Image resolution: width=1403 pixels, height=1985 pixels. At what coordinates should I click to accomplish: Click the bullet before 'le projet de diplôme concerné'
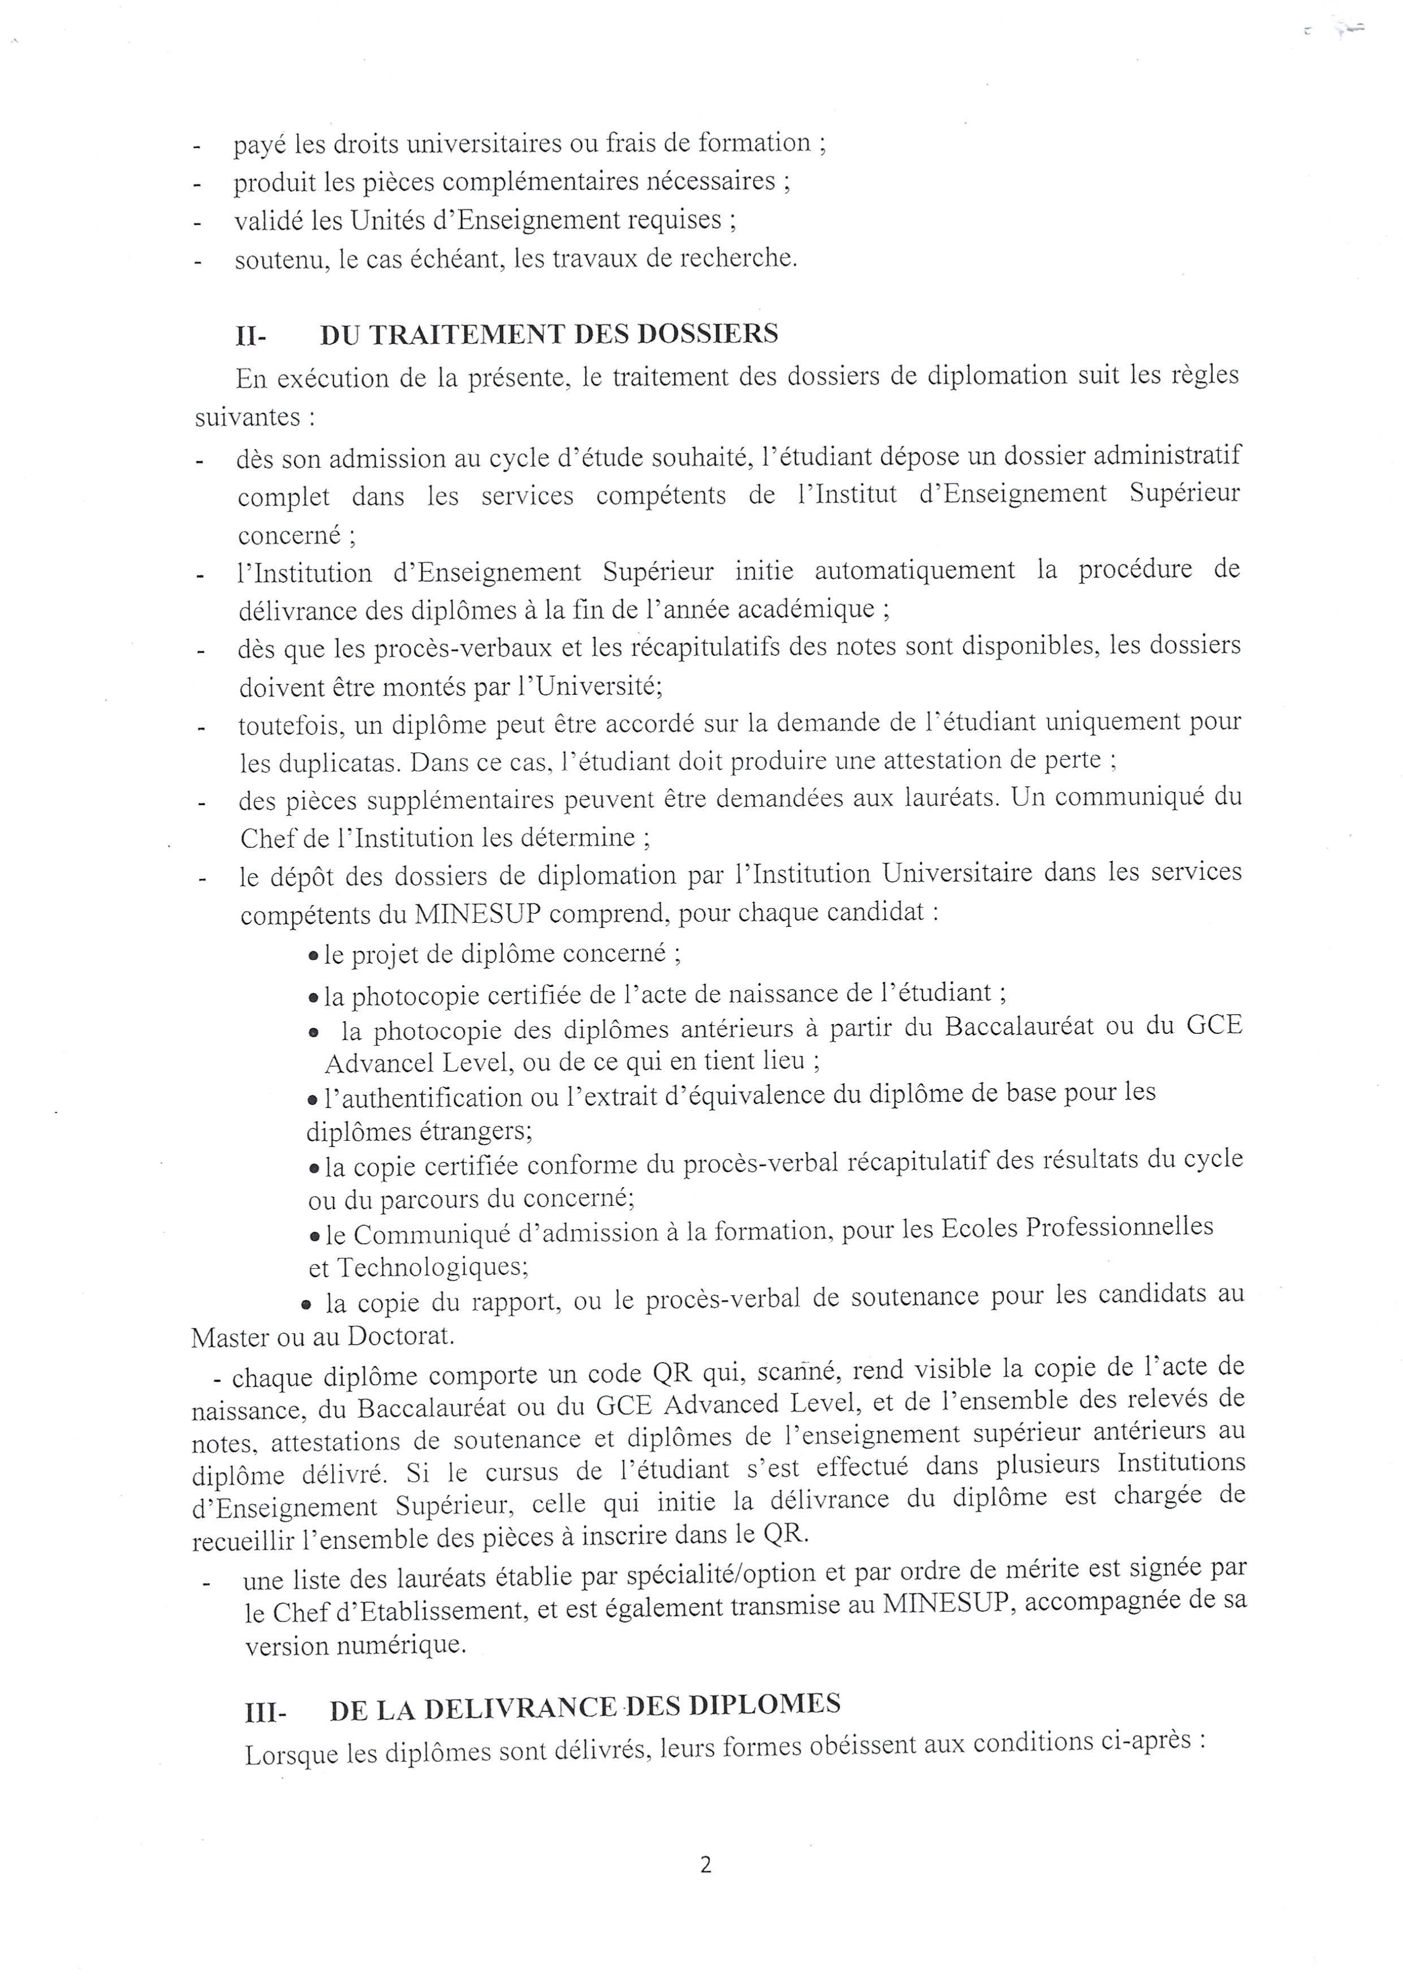(314, 956)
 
